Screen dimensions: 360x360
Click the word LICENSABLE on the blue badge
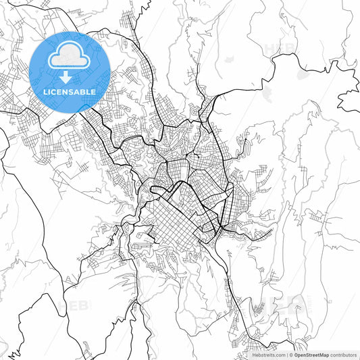click(x=70, y=91)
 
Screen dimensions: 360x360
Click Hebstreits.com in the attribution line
click(x=268, y=354)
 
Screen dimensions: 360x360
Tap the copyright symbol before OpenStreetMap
click(x=290, y=354)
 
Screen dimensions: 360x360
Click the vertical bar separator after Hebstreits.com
click(x=286, y=354)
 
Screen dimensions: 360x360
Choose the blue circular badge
click(x=70, y=72)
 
